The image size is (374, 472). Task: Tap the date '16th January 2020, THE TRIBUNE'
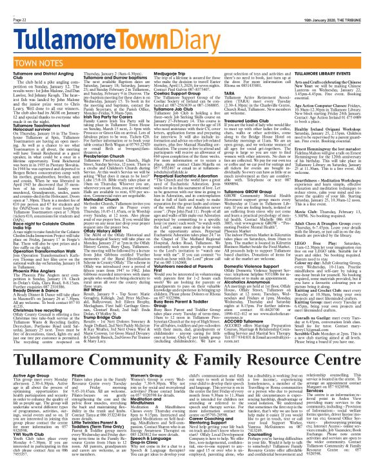(326, 6)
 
